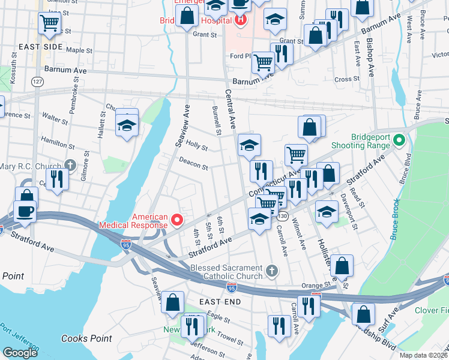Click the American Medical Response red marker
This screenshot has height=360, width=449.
tap(177, 220)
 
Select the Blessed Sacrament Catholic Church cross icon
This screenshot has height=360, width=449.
tap(271, 271)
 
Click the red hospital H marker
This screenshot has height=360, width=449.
tap(241, 20)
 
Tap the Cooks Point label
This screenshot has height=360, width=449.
tap(86, 338)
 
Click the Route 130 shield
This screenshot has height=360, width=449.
tap(283, 216)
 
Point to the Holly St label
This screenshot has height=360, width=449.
tap(196, 145)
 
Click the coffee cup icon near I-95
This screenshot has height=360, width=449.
tap(25, 211)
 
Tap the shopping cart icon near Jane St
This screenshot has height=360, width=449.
tap(49, 23)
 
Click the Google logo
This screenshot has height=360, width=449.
tap(20, 353)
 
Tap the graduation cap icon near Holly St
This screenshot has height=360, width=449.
tap(249, 145)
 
